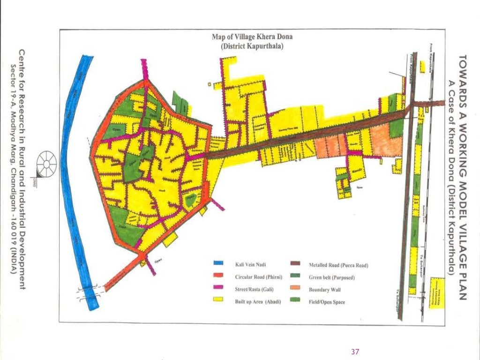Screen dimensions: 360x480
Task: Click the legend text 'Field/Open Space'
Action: pyautogui.click(x=327, y=303)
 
